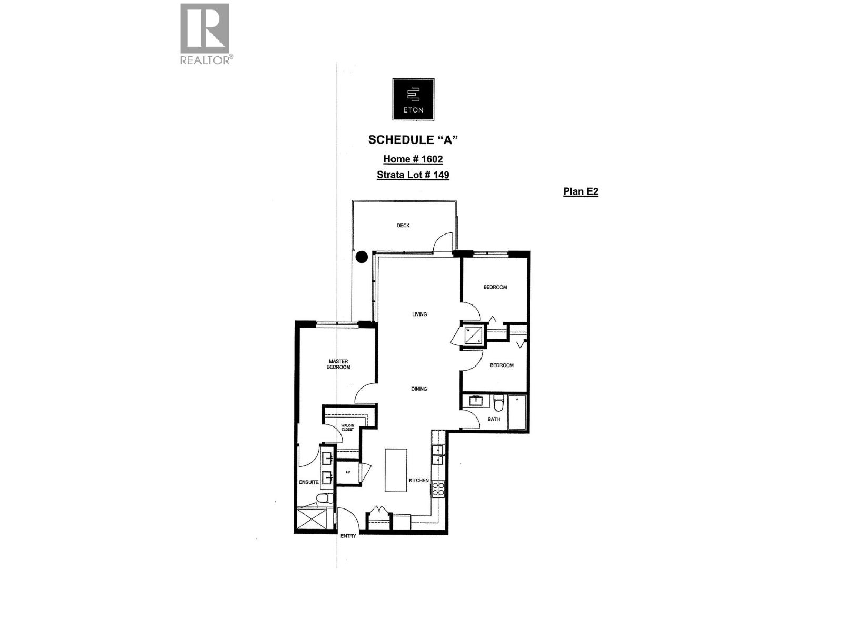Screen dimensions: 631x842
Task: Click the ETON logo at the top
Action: (413, 99)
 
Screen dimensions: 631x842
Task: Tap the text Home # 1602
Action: (413, 159)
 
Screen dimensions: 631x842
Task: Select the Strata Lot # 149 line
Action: (413, 175)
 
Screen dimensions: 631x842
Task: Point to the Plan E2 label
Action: (580, 191)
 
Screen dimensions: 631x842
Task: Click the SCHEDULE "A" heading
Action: (413, 140)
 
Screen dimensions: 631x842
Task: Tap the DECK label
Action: (403, 226)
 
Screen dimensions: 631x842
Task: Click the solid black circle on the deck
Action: (361, 257)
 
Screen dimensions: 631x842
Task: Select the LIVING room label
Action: (419, 314)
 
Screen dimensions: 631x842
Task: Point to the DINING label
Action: (419, 389)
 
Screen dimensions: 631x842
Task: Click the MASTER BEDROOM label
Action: (338, 364)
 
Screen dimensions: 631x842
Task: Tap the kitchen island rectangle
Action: (396, 470)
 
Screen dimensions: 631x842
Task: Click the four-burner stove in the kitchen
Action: (438, 490)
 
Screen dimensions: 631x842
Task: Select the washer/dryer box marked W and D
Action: (473, 335)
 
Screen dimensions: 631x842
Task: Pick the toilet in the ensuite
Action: (325, 498)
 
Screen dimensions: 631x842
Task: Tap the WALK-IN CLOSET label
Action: (347, 428)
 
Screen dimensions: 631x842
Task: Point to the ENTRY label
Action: (348, 536)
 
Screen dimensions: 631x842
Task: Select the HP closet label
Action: (348, 472)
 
